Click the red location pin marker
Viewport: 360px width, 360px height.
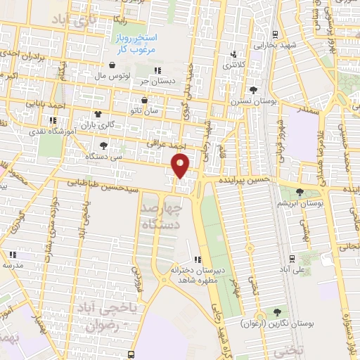[181, 166]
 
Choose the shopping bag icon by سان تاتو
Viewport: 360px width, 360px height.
[145, 100]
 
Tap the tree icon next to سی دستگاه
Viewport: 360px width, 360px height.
[104, 146]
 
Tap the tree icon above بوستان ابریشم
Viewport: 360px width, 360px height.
[300, 191]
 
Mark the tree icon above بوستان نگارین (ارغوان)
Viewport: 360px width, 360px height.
[275, 311]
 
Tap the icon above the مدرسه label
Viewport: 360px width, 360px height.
[13, 255]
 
